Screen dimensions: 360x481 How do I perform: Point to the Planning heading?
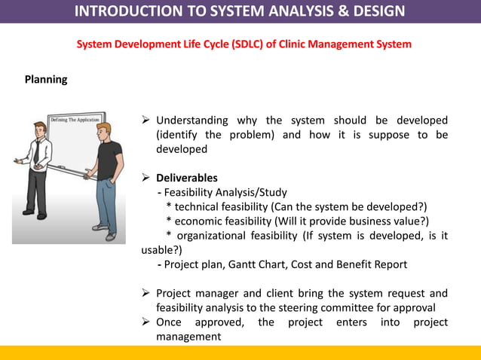click(x=46, y=79)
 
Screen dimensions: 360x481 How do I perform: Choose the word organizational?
click(x=215, y=236)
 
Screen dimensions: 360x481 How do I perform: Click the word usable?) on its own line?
click(x=161, y=250)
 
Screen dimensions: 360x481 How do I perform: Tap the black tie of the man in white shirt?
click(x=36, y=154)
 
